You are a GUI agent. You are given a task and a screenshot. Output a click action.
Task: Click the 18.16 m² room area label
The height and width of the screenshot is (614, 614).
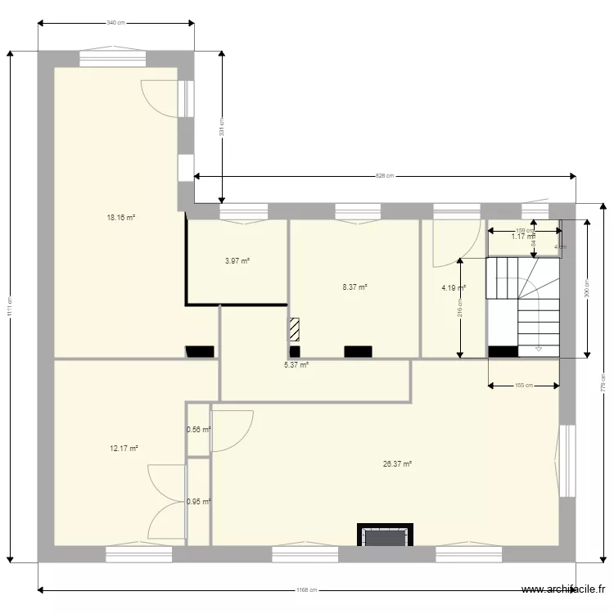tap(120, 218)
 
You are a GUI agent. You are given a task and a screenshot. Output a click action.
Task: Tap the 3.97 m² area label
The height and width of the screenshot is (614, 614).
tap(237, 261)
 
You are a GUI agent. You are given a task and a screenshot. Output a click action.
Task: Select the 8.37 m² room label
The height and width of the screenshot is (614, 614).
tap(354, 287)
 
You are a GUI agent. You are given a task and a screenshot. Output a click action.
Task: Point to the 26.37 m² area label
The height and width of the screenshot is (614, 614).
tap(397, 464)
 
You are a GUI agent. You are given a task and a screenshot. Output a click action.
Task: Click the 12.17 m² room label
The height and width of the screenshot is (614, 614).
tap(124, 449)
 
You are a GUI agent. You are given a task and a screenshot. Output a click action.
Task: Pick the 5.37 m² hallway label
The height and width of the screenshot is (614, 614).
tap(296, 365)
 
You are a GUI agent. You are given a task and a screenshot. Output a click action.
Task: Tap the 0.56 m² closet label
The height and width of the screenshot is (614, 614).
tap(198, 430)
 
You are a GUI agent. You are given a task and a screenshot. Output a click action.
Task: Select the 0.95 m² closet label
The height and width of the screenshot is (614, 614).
tap(198, 503)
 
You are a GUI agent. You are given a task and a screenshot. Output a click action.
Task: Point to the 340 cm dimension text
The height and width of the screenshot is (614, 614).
tap(115, 23)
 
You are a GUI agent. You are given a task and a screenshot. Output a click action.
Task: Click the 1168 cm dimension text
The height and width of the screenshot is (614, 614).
tap(307, 589)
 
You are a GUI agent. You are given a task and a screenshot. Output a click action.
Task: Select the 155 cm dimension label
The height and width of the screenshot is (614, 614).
tap(525, 385)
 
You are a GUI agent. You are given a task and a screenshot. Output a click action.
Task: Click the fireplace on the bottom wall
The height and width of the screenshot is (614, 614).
tap(383, 536)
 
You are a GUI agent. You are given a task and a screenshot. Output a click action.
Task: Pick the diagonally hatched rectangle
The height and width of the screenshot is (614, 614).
tap(294, 329)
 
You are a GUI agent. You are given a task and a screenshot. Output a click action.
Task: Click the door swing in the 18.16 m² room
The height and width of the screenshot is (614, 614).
tap(161, 98)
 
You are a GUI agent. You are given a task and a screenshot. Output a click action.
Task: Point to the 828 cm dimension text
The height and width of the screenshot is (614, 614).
tap(385, 175)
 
